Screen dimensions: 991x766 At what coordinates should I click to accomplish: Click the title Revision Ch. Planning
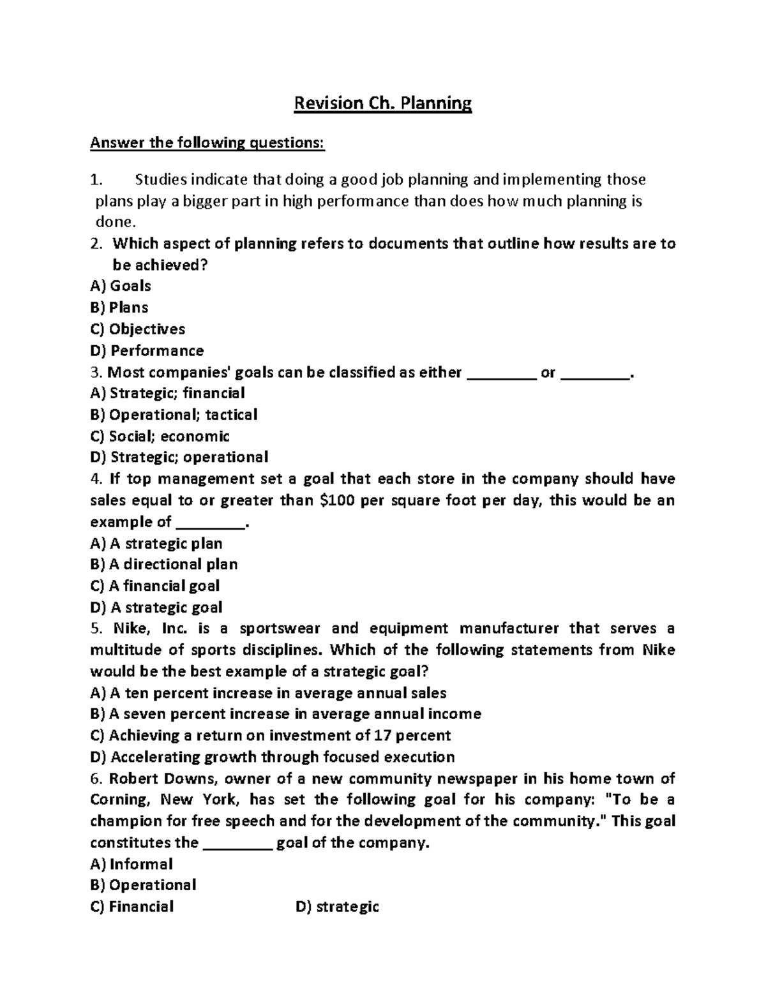[382, 103]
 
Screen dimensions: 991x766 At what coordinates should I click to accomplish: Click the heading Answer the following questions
[207, 143]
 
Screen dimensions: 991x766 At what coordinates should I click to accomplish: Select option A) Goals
[121, 286]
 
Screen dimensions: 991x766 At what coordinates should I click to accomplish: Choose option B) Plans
[119, 308]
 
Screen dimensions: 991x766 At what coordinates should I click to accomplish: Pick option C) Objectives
[138, 329]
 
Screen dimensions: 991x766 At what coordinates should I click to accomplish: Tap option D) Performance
[147, 351]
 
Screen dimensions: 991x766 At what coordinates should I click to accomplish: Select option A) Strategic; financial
[168, 393]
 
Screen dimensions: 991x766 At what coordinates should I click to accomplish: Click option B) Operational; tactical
[174, 415]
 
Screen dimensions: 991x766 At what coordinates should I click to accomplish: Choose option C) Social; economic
[160, 436]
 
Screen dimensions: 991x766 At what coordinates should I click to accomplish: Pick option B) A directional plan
[164, 565]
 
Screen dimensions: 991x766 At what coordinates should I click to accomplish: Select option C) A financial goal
[155, 586]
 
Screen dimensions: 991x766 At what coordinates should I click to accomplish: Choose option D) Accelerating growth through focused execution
[273, 757]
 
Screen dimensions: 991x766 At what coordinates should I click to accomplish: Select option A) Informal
[131, 864]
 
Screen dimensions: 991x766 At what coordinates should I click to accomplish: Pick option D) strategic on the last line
[338, 907]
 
